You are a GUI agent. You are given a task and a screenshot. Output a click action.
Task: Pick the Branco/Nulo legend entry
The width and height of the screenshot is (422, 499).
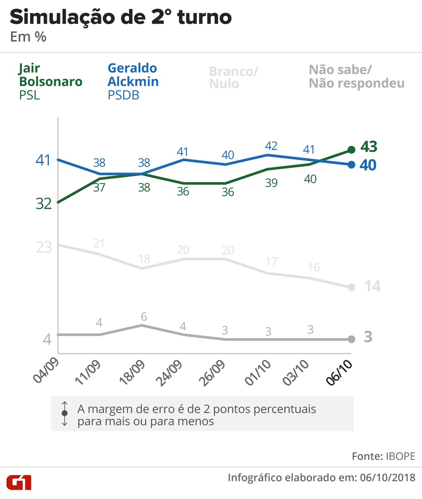point(233,77)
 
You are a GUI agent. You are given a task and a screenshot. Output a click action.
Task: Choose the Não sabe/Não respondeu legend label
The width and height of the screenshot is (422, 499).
point(356,76)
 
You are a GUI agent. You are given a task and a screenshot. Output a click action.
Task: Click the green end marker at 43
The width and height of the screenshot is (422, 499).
point(351,150)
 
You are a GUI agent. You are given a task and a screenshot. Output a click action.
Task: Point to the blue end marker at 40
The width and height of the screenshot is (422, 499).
point(351,164)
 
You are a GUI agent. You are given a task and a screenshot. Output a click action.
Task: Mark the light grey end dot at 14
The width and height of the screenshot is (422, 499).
point(351,287)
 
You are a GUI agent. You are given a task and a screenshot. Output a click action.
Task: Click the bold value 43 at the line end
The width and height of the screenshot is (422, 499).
point(368,147)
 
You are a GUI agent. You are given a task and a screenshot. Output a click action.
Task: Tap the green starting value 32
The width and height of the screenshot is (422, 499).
point(43,204)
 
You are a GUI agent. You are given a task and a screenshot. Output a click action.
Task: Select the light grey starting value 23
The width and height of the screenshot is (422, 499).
point(43,247)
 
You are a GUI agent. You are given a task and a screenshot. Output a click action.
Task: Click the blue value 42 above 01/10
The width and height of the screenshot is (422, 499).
point(271,145)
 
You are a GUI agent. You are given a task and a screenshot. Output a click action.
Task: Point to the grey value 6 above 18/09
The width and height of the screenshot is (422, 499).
point(144,316)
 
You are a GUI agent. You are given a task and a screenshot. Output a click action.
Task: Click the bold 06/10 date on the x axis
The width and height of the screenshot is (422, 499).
point(339,373)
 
